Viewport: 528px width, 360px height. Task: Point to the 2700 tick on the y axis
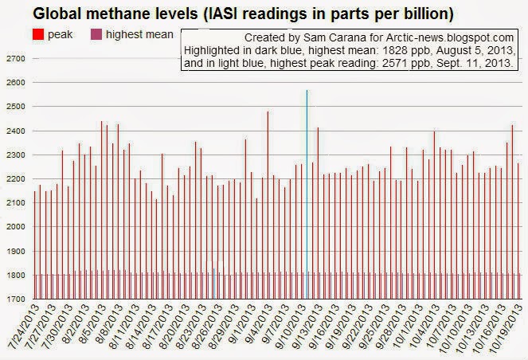(x=16, y=59)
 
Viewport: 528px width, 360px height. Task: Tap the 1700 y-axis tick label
(x=16, y=299)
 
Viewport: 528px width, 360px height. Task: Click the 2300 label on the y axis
(x=16, y=155)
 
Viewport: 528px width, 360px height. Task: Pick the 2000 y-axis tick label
(x=16, y=227)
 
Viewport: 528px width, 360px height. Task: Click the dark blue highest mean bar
(x=213, y=283)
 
